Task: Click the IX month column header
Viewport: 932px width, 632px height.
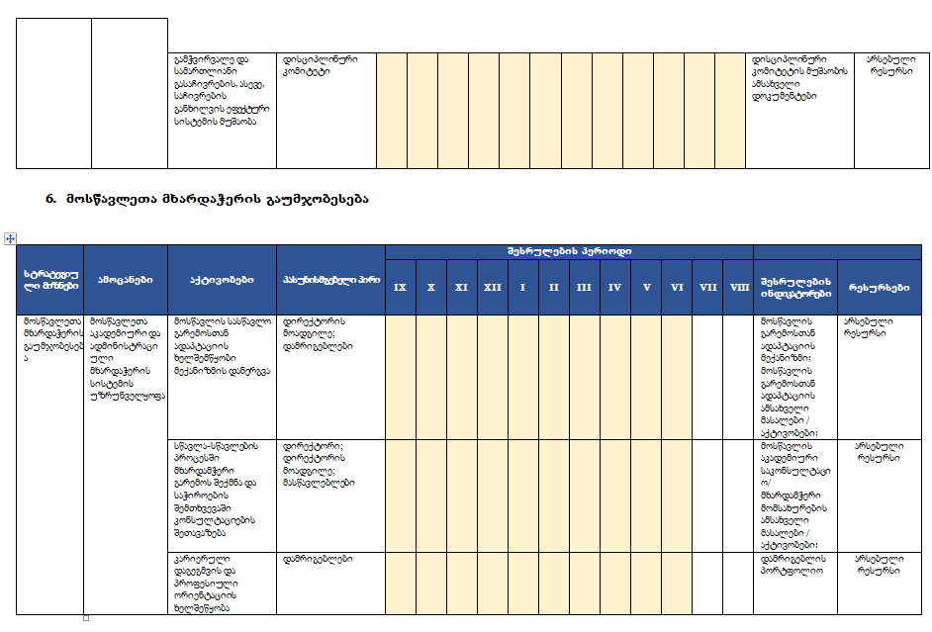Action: click(x=400, y=287)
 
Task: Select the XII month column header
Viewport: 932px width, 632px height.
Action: click(x=492, y=287)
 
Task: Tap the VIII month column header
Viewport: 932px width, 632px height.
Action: click(x=738, y=287)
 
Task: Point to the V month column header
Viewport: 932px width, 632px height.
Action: click(x=646, y=287)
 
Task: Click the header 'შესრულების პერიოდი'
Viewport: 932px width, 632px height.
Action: click(x=568, y=251)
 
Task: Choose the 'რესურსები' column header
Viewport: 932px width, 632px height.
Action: click(x=880, y=287)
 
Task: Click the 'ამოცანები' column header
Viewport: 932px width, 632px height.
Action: click(x=125, y=280)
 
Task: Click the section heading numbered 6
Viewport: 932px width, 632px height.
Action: click(x=207, y=199)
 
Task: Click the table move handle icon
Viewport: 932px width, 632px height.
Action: click(x=10, y=238)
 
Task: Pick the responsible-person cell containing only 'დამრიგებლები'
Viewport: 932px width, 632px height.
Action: click(x=311, y=559)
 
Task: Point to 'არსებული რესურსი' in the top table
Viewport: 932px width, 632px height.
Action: click(x=891, y=65)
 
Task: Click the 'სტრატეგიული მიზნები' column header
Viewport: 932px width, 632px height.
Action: click(x=49, y=280)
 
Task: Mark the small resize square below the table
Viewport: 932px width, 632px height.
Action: click(x=85, y=618)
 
